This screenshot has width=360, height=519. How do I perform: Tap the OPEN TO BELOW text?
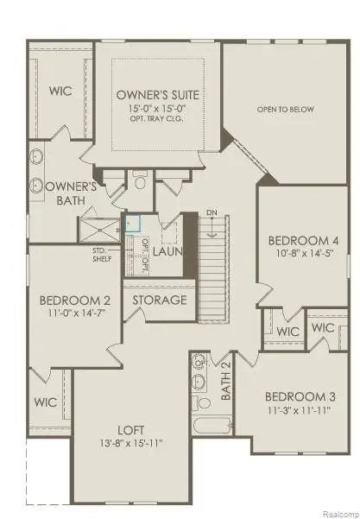click(284, 110)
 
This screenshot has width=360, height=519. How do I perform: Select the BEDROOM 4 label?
click(297, 240)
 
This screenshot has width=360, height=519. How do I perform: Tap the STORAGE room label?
click(160, 301)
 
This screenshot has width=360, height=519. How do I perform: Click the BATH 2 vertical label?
click(226, 381)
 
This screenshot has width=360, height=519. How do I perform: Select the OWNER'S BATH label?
click(69, 193)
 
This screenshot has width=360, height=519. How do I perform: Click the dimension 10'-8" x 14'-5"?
click(297, 254)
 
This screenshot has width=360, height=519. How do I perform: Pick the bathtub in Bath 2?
click(209, 426)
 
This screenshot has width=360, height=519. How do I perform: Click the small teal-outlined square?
click(132, 222)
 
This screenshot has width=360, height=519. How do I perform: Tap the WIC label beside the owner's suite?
click(60, 91)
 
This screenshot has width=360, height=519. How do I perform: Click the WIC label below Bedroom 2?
click(46, 402)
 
